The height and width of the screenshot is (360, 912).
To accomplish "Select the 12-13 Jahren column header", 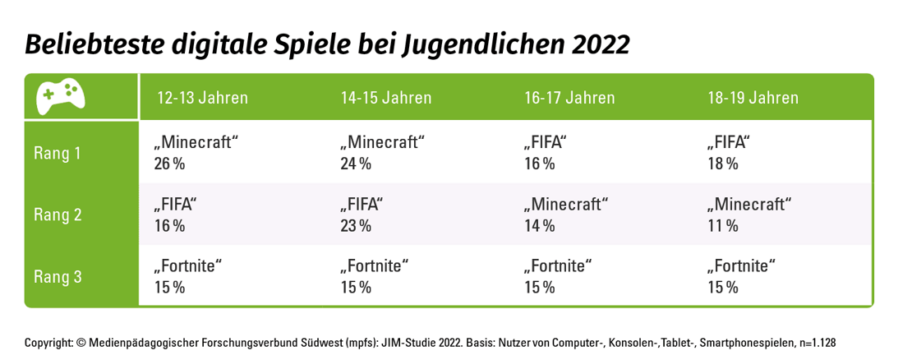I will [202, 98].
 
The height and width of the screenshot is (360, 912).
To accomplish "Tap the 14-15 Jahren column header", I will [386, 98].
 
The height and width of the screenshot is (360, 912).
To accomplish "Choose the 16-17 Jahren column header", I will [569, 98].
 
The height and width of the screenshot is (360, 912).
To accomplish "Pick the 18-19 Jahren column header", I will [753, 98].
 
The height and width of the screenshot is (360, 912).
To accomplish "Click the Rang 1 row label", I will [58, 153].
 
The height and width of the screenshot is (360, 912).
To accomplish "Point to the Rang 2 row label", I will [58, 215].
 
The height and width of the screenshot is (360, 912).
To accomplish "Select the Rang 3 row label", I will [58, 277].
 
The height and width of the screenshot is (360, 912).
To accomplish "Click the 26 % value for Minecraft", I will [169, 164].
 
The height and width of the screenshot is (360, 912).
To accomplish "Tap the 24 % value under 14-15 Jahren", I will [356, 164].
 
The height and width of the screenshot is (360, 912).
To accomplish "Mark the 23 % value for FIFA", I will [356, 225].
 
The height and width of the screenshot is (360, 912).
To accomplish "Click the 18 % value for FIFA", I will [722, 164].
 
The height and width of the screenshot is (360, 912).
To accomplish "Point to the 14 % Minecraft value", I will [539, 225].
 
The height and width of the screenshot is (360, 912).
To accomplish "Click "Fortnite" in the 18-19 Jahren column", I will [741, 266].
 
